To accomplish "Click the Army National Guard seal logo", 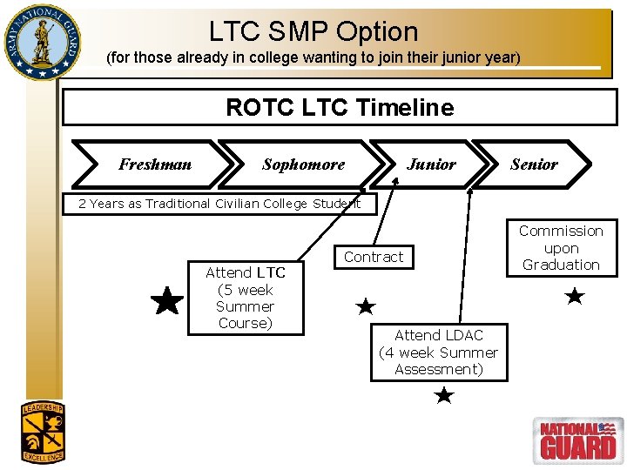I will pyautogui.click(x=40, y=42).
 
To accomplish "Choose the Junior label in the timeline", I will pyautogui.click(x=431, y=164).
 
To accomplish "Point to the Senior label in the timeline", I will pyautogui.click(x=534, y=164).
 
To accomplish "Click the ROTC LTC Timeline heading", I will pyautogui.click(x=340, y=108).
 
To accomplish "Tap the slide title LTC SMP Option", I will pyautogui.click(x=313, y=31).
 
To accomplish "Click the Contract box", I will pyautogui.click(x=374, y=257).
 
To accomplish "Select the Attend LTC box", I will pyautogui.click(x=246, y=298).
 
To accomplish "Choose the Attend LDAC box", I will pyautogui.click(x=439, y=352).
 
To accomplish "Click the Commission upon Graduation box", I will pyautogui.click(x=561, y=248).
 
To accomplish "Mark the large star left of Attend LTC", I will pyautogui.click(x=166, y=301).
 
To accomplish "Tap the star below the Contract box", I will pyautogui.click(x=366, y=306).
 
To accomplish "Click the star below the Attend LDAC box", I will pyautogui.click(x=444, y=396).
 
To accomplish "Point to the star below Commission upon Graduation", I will pyautogui.click(x=574, y=297).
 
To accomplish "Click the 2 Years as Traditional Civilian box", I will pyautogui.click(x=219, y=204).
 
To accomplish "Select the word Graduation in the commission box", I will pyautogui.click(x=561, y=265).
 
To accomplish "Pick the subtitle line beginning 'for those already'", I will pyautogui.click(x=313, y=58).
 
